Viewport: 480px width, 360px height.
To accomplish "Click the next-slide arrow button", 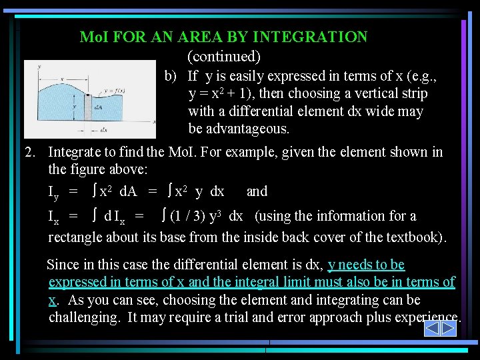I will click(449, 328).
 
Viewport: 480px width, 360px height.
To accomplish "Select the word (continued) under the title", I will click(224, 57).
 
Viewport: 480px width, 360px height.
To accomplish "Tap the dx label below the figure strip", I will click(104, 131).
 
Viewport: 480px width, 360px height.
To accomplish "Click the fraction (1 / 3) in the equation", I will click(191, 216).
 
